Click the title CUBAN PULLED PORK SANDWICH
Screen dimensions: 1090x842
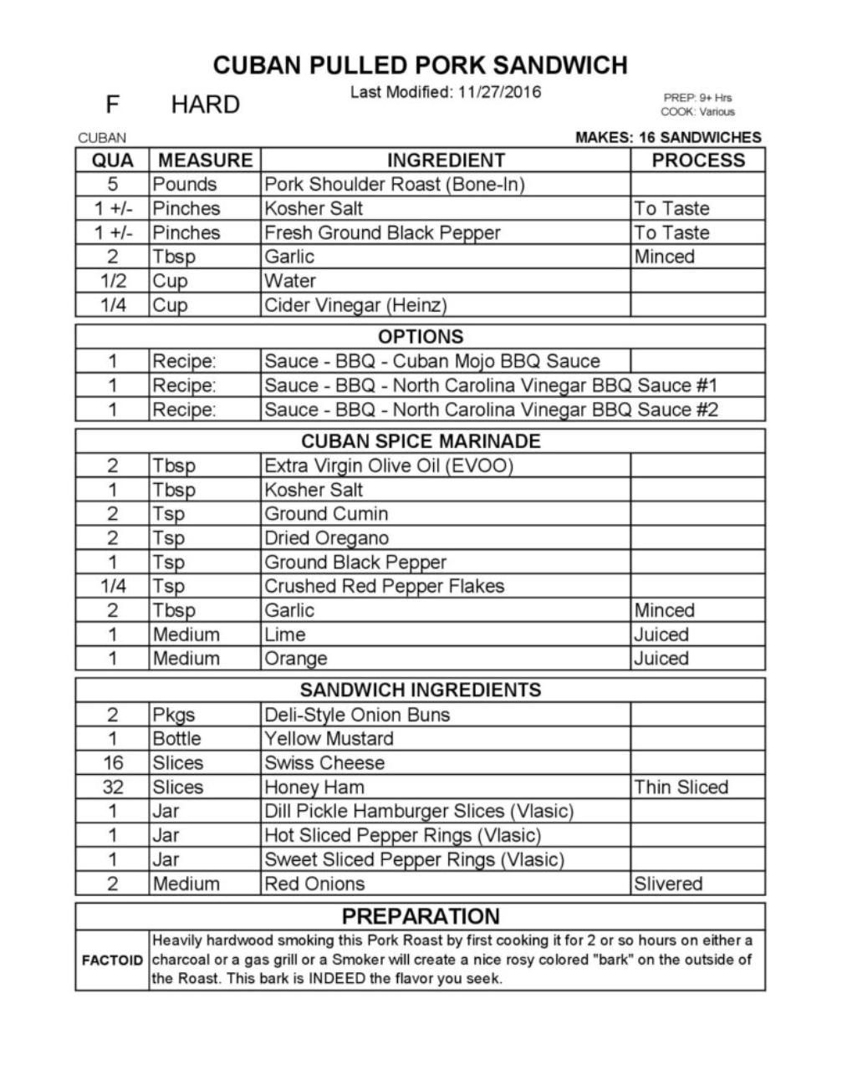pos(420,65)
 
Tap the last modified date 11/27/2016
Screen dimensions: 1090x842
pos(499,92)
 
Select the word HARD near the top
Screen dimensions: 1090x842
pos(205,105)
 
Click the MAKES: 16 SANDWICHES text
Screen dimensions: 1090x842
pos(668,138)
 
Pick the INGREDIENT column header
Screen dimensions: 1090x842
pos(446,160)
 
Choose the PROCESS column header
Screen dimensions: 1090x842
pos(697,160)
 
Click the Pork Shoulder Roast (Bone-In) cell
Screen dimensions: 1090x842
pos(394,185)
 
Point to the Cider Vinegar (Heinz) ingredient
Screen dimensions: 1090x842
pos(355,305)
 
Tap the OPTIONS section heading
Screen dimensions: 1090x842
pos(420,337)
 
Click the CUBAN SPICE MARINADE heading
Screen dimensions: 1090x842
pos(420,441)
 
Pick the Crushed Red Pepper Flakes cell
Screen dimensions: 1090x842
pos(384,586)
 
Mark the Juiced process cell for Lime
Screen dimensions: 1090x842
pos(661,634)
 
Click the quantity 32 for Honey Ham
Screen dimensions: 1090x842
pos(113,787)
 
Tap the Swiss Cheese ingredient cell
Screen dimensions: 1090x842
pos(324,763)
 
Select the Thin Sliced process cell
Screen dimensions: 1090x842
pos(681,787)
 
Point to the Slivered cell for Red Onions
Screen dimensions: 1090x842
pos(668,884)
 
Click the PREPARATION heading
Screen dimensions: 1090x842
pos(420,916)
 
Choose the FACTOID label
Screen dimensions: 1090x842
pos(112,960)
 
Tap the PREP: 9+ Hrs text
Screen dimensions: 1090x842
pos(697,98)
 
